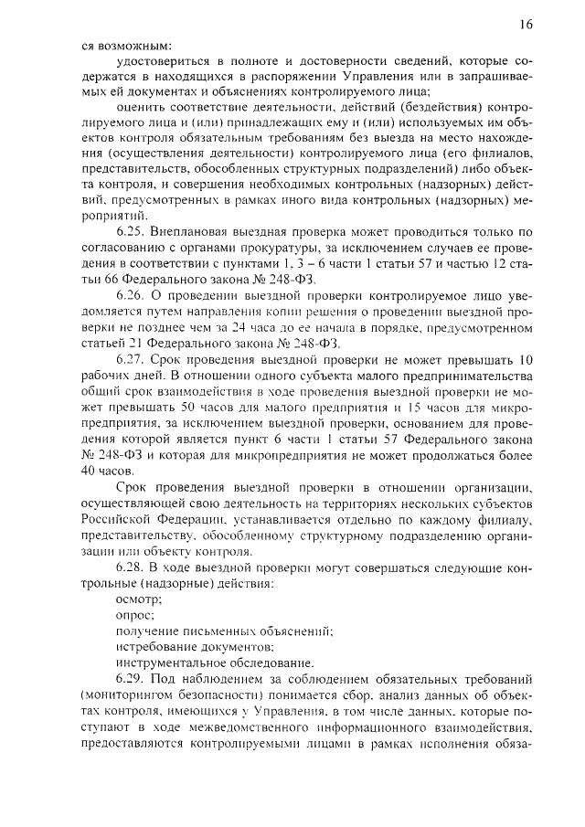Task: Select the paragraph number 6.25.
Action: coord(132,229)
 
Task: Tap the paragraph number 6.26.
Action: coord(132,296)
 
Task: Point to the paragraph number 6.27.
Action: coord(132,363)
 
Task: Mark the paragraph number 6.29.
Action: coord(132,681)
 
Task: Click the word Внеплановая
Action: coord(195,229)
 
